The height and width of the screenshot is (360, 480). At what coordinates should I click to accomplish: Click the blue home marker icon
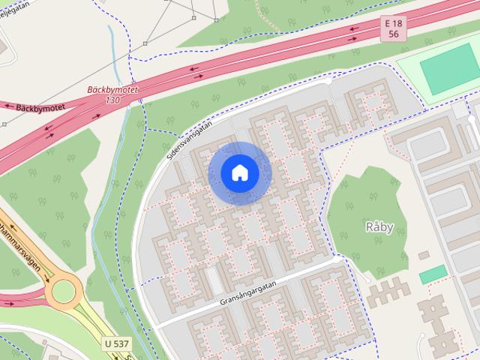[x=239, y=173]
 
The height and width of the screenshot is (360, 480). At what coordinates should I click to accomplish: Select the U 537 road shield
[x=116, y=343]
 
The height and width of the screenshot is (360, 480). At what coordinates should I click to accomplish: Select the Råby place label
[x=379, y=227]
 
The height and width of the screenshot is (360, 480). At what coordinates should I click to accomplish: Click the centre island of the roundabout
[x=65, y=289]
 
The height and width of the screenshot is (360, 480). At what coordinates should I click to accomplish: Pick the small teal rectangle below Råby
[x=433, y=274]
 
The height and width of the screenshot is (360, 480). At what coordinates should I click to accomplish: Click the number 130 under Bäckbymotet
[x=112, y=100]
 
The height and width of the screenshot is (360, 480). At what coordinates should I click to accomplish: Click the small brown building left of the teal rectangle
[x=423, y=256]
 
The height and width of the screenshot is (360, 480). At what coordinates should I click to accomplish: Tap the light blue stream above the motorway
[x=115, y=45]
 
